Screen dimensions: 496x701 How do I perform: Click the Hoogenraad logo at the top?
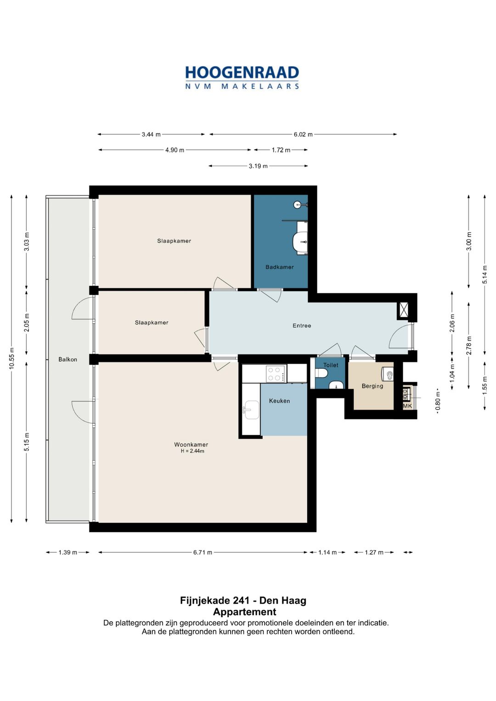[242, 78]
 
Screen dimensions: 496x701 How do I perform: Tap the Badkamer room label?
[279, 267]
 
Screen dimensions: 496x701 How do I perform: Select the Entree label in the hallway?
[302, 325]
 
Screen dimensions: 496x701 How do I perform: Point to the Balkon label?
[68, 359]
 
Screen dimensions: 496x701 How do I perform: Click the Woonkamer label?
[191, 444]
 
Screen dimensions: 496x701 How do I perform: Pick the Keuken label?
[279, 401]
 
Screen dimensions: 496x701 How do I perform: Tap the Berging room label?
[372, 386]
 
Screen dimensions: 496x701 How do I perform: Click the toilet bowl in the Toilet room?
[321, 373]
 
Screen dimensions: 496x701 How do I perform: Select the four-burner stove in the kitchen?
[276, 374]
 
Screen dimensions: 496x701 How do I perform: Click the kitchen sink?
[252, 409]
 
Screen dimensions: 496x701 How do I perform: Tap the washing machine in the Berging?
[388, 374]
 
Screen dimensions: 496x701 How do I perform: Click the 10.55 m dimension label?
[11, 359]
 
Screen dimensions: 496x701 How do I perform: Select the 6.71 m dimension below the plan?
[203, 552]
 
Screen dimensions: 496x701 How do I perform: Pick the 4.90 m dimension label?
[175, 150]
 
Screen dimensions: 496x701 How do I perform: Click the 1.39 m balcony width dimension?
[68, 552]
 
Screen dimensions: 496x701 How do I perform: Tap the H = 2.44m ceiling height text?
[192, 451]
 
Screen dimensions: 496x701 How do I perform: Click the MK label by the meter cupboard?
[407, 406]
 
